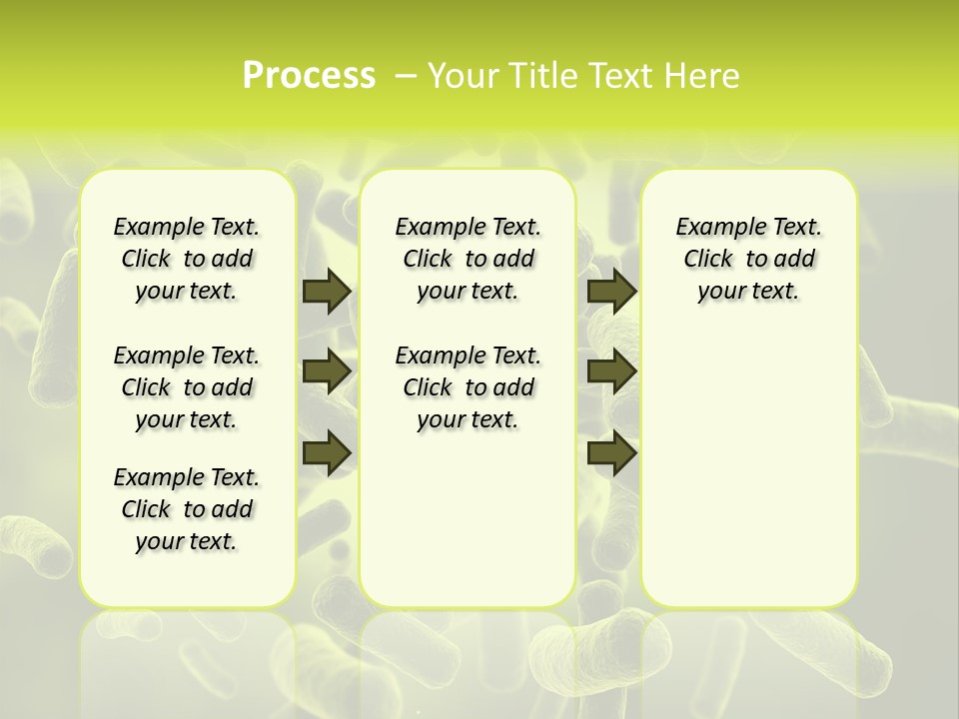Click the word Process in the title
tap(309, 76)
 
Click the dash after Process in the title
tap(406, 76)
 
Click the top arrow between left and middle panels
tap(327, 291)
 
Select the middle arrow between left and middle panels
tap(327, 371)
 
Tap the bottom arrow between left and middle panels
tap(327, 453)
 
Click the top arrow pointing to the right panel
tap(612, 291)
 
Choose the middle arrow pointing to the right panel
tap(612, 371)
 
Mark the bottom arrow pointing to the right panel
tap(612, 453)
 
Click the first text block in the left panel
tap(187, 259)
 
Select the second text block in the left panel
tap(187, 387)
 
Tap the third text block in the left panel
tap(187, 509)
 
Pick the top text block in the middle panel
tap(468, 259)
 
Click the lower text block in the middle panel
tap(468, 387)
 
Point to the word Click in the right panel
tap(708, 259)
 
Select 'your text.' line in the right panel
tap(748, 292)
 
